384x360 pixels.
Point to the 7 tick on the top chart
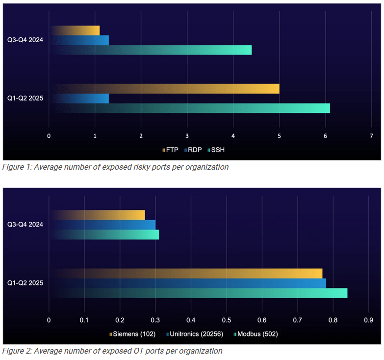click(371, 135)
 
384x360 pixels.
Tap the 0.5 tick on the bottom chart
click(226, 320)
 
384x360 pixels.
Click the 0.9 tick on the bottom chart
click(368, 320)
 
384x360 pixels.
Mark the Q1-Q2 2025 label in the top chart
click(25, 98)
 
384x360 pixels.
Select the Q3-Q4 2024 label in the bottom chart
click(25, 224)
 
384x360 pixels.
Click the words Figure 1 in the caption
click(17, 167)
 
